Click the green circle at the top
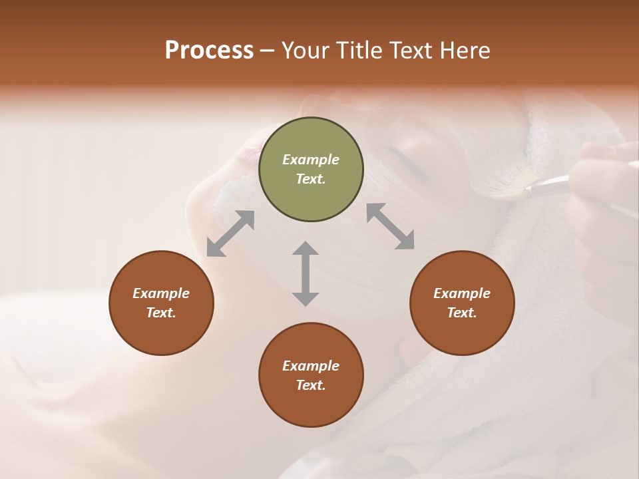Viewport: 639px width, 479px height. pyautogui.click(x=311, y=170)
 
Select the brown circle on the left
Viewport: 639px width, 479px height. pyautogui.click(x=161, y=303)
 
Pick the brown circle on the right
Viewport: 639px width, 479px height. pyautogui.click(x=461, y=303)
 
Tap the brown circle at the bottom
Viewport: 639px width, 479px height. pyautogui.click(x=311, y=375)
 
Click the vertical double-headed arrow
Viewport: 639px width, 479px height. pyautogui.click(x=306, y=273)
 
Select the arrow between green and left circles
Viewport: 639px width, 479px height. pyautogui.click(x=230, y=234)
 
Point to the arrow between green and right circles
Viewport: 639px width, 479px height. pyautogui.click(x=390, y=226)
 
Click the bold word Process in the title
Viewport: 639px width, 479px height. pyautogui.click(x=209, y=51)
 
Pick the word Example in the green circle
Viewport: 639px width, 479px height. pyautogui.click(x=311, y=160)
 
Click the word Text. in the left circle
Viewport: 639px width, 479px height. pyautogui.click(x=161, y=313)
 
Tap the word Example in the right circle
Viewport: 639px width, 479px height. pyautogui.click(x=461, y=293)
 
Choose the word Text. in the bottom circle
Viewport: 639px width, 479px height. pyautogui.click(x=311, y=385)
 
